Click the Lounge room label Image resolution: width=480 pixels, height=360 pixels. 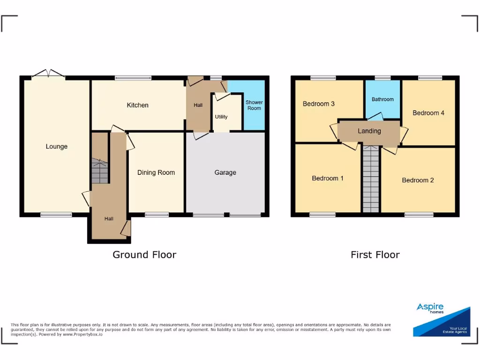coord(56,147)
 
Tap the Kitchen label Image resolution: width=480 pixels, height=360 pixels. coord(137,105)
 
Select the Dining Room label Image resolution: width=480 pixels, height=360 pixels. coord(156,172)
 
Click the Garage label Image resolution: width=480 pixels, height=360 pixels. coord(225,172)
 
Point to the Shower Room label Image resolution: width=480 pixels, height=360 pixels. coord(254,105)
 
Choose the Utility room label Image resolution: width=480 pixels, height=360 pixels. coord(221,117)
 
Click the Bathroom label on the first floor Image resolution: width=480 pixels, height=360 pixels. coord(382,99)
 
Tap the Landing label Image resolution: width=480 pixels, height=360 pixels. coord(369,131)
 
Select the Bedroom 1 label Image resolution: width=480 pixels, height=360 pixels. coord(328,178)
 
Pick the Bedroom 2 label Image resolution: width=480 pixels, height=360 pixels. coord(418,180)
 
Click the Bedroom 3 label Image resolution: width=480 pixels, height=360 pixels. coord(318,104)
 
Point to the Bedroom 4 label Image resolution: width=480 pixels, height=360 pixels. coord(428,113)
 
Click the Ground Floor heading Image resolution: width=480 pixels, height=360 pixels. coord(144,255)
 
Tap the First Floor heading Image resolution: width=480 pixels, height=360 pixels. coord(375,255)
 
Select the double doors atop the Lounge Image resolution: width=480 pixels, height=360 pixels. coord(48,75)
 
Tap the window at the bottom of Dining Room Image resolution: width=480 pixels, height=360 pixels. coord(157,215)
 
